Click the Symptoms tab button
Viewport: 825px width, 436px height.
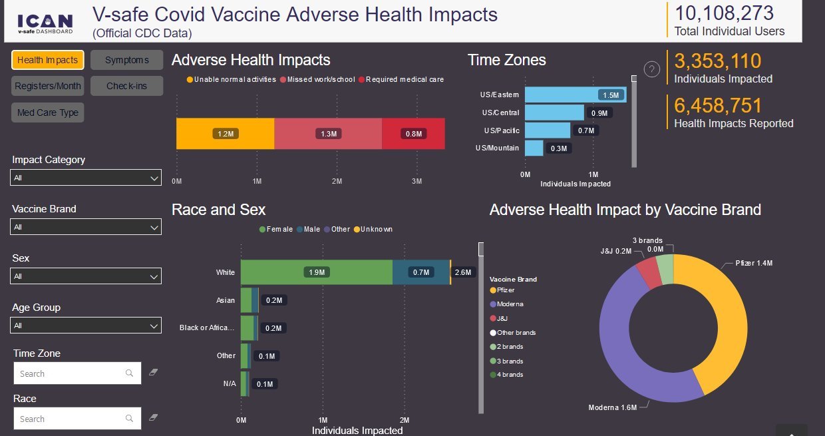click(126, 60)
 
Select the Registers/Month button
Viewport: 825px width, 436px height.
click(48, 86)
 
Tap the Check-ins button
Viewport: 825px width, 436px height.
click(126, 86)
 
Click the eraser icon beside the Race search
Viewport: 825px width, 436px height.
click(154, 417)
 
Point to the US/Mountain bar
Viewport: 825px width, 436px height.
click(534, 148)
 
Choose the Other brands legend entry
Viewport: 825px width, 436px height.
click(515, 332)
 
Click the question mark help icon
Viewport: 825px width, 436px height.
click(652, 69)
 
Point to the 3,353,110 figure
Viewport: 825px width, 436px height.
click(717, 61)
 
